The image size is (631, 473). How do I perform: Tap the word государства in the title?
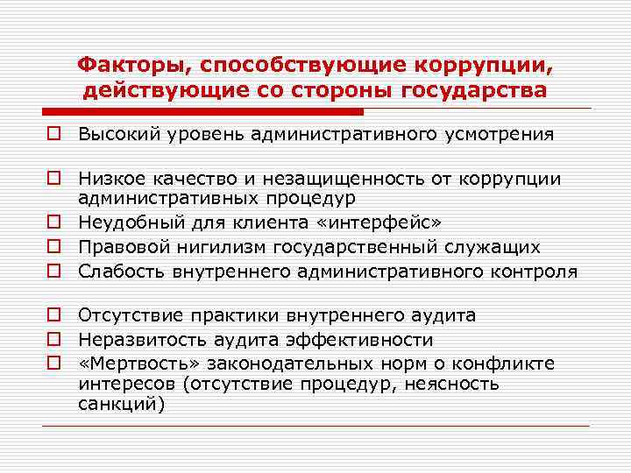pyautogui.click(x=472, y=90)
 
